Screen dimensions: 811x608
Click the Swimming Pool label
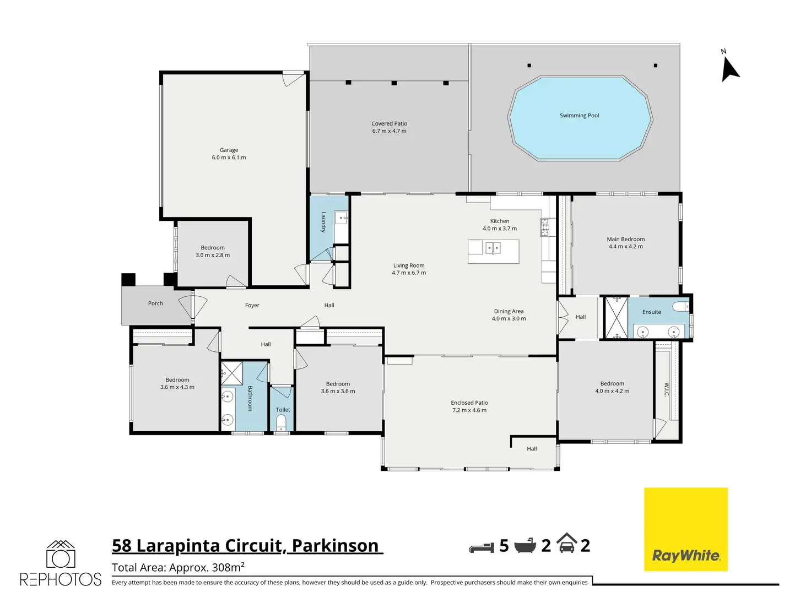click(579, 116)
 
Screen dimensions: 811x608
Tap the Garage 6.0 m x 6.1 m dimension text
click(229, 158)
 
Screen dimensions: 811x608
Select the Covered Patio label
click(389, 124)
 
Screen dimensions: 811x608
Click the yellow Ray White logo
click(686, 529)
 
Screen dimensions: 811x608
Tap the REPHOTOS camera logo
click(61, 563)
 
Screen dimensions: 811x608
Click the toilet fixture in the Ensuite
click(681, 306)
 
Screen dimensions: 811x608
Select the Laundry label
click(323, 222)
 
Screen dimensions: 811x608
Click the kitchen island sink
click(493, 248)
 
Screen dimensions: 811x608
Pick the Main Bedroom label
click(625, 239)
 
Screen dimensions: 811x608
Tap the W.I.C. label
click(666, 389)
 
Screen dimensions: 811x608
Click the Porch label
click(155, 303)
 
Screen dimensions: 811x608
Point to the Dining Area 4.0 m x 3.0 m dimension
click(509, 318)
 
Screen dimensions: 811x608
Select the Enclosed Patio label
click(469, 403)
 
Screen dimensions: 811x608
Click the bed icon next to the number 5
click(482, 547)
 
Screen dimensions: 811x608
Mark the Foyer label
click(252, 305)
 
